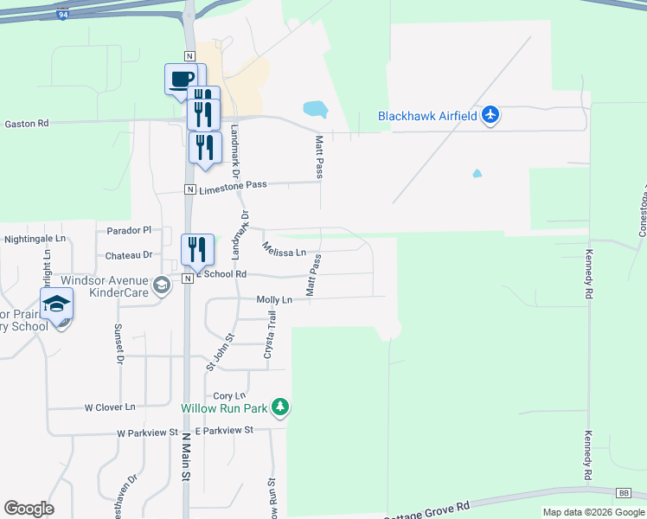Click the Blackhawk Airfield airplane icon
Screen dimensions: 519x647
coord(490,115)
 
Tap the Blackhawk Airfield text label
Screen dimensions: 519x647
coord(427,116)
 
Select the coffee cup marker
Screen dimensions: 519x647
coord(180,80)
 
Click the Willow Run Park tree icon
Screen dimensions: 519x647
coord(279,406)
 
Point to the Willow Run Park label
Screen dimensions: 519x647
coord(224,407)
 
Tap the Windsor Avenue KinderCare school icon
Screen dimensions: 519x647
coord(161,285)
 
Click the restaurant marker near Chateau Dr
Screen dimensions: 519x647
coord(197,250)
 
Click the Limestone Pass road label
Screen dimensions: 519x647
coord(234,185)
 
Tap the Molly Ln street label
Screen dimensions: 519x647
coord(275,299)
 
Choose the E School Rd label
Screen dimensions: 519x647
coord(221,274)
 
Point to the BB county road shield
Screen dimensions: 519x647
coord(623,492)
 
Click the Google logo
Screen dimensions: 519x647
coord(29,509)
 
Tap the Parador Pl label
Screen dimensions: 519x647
coord(129,230)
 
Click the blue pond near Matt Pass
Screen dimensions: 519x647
coord(316,110)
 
